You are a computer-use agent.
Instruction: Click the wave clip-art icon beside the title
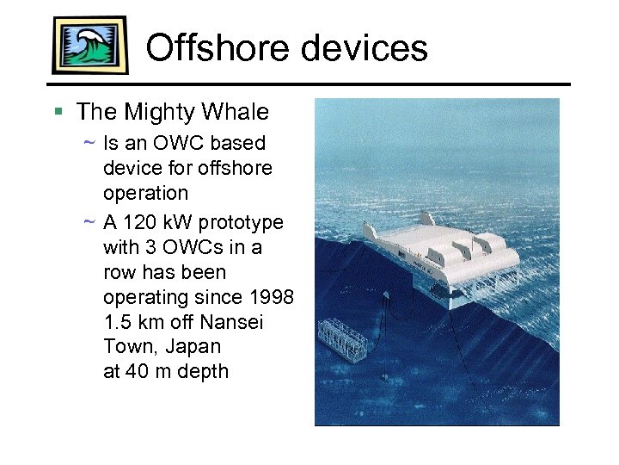(x=89, y=45)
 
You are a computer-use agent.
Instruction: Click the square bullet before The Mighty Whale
(x=58, y=112)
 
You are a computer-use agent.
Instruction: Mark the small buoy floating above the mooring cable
(x=388, y=295)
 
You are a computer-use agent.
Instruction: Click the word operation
(x=145, y=192)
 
